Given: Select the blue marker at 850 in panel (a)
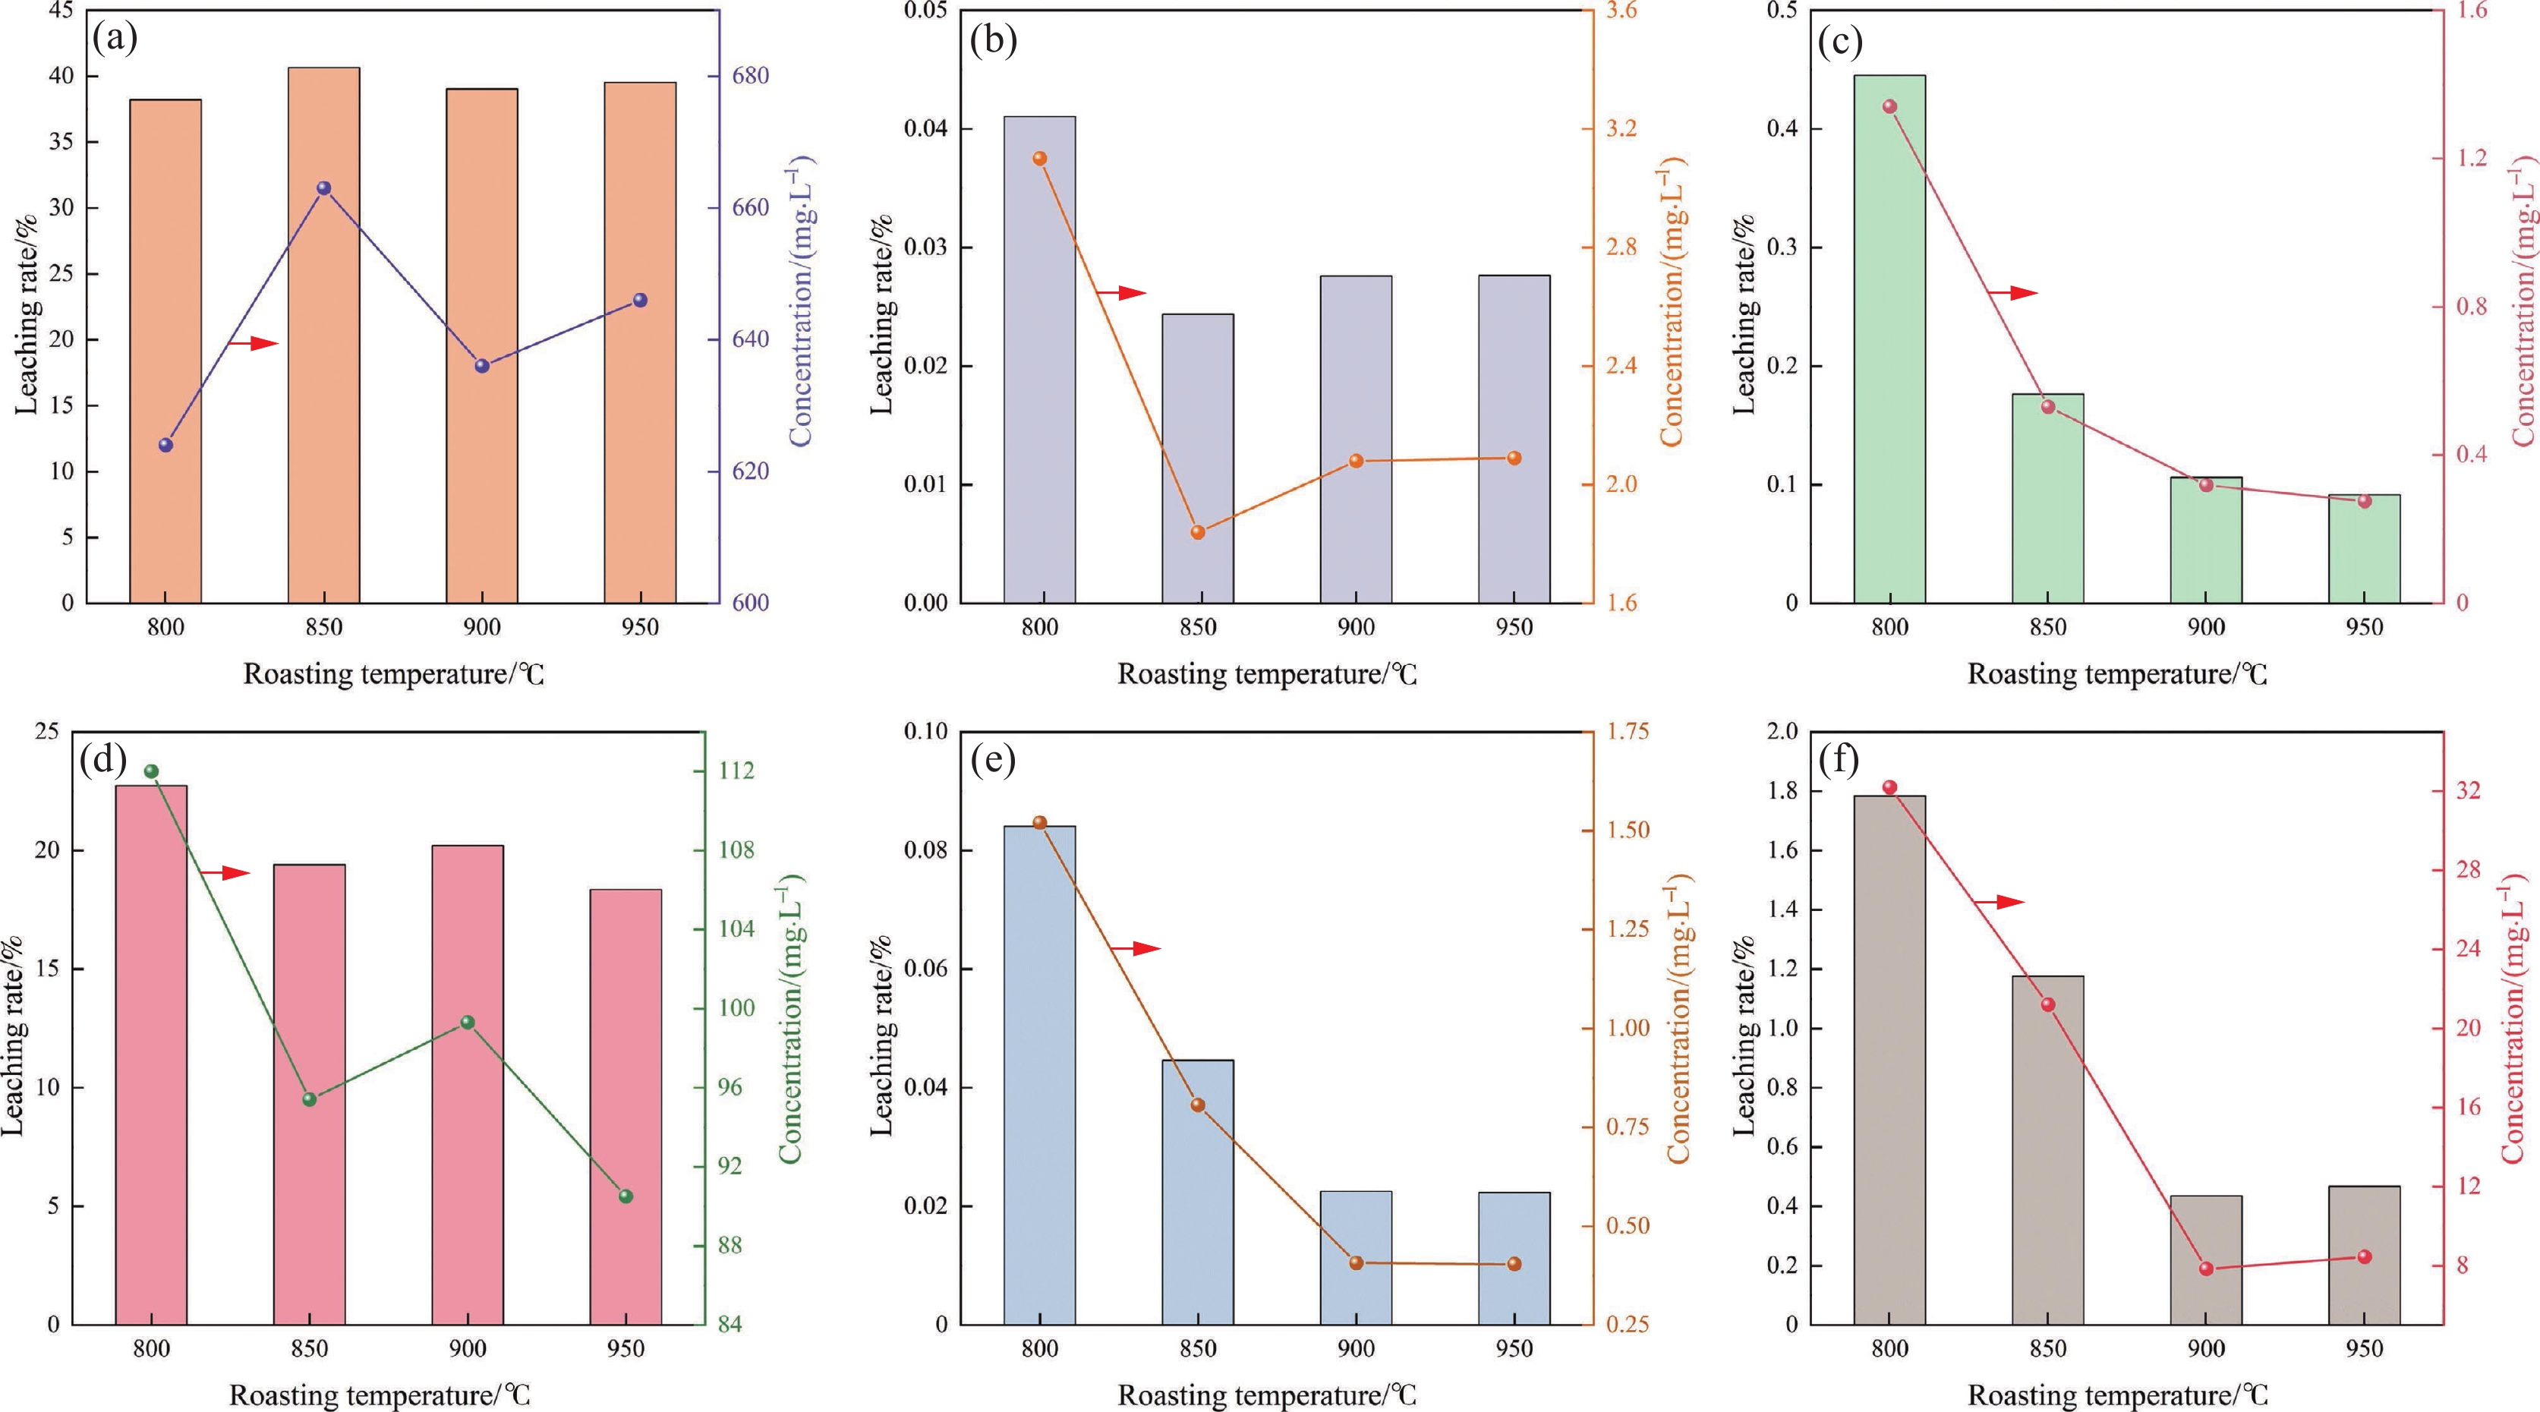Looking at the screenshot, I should pos(323,188).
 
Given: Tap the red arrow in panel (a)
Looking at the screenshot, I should pos(254,343).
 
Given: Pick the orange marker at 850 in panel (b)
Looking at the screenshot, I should pos(1198,532).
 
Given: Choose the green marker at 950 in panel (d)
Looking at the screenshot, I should pos(626,1196).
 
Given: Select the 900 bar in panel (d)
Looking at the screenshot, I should pos(468,1085).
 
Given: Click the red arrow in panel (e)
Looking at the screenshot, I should pos(1136,949).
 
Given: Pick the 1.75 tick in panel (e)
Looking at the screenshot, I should pos(1626,732).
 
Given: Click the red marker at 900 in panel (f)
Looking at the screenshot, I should pos(2207,1269).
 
